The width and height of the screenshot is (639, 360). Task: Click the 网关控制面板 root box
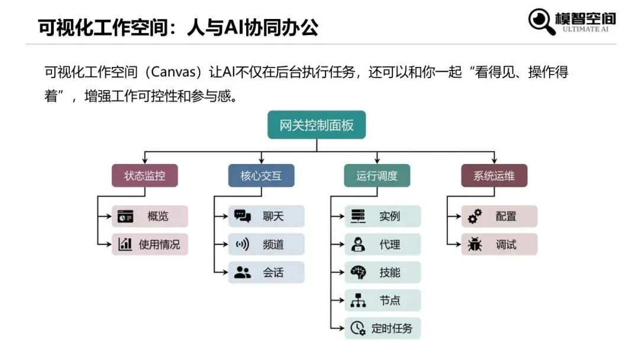tap(317, 125)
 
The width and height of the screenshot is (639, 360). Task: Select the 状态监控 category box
tap(144, 176)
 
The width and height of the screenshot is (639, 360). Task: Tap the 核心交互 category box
tap(261, 176)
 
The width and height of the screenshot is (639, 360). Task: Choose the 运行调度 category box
tap(377, 176)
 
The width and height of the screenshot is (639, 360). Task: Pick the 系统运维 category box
tap(494, 176)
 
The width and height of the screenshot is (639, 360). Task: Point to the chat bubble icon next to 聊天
tap(243, 216)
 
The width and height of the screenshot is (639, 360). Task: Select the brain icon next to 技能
tap(358, 272)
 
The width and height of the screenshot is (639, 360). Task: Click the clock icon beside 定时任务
tap(358, 328)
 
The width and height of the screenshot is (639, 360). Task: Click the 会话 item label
tap(273, 273)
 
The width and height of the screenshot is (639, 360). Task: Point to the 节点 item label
tap(390, 301)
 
